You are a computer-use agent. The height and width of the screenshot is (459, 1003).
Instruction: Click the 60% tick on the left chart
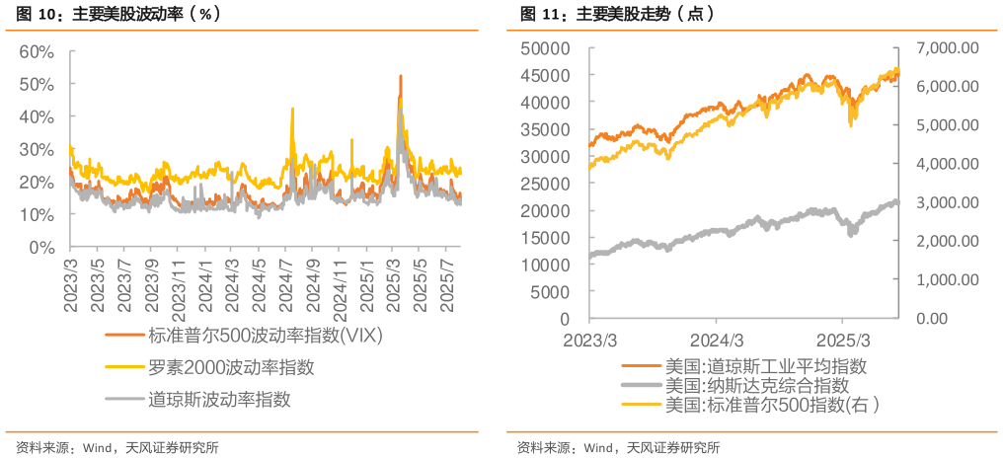[x=36, y=51]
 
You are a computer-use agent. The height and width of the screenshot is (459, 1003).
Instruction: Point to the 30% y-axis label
[x=36, y=149]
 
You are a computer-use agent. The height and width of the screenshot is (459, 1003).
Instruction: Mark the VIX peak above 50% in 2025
[x=400, y=76]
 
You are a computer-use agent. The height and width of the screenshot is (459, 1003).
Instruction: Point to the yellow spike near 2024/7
[x=292, y=110]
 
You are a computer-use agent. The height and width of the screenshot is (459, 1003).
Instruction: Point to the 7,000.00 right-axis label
[x=946, y=47]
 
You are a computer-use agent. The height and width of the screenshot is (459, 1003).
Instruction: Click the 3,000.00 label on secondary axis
[x=946, y=202]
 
